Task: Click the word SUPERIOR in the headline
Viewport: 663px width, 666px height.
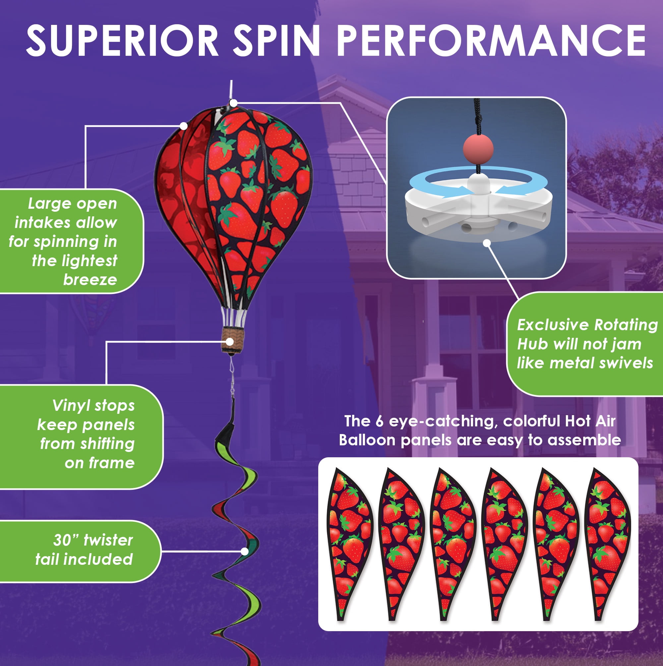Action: (x=122, y=41)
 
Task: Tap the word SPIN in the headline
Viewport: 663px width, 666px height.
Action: (x=276, y=41)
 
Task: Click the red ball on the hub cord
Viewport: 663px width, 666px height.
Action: (x=478, y=149)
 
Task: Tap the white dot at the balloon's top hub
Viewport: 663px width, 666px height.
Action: (x=233, y=103)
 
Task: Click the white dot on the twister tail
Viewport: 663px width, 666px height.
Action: (x=245, y=552)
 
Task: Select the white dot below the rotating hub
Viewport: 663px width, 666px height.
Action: (x=487, y=243)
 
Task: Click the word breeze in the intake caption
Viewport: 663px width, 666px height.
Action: (x=90, y=279)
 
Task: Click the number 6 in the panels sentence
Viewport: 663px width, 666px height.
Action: (x=379, y=421)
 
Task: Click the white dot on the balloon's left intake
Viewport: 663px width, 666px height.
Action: (x=184, y=126)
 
